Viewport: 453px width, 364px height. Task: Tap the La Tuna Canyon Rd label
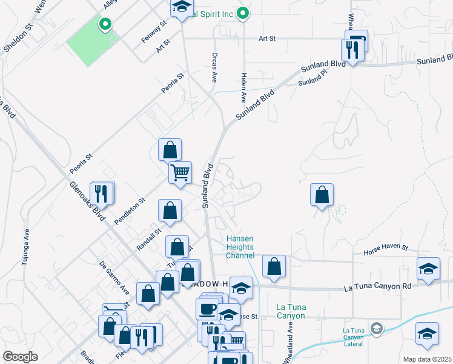tap(377, 286)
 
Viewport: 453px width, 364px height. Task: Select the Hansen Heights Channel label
tap(240, 247)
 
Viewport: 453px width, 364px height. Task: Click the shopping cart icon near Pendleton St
tap(180, 173)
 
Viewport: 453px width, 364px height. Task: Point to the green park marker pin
tap(105, 25)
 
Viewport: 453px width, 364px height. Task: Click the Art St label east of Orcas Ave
tap(266, 38)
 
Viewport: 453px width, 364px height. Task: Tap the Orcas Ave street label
tap(214, 66)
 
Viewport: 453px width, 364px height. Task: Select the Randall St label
tap(149, 239)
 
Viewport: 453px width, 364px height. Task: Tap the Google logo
tap(20, 357)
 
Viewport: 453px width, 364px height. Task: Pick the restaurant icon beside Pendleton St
tap(102, 194)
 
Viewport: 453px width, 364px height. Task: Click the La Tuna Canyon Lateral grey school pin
tap(376, 328)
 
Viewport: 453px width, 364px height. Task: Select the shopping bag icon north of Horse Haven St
tap(322, 195)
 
